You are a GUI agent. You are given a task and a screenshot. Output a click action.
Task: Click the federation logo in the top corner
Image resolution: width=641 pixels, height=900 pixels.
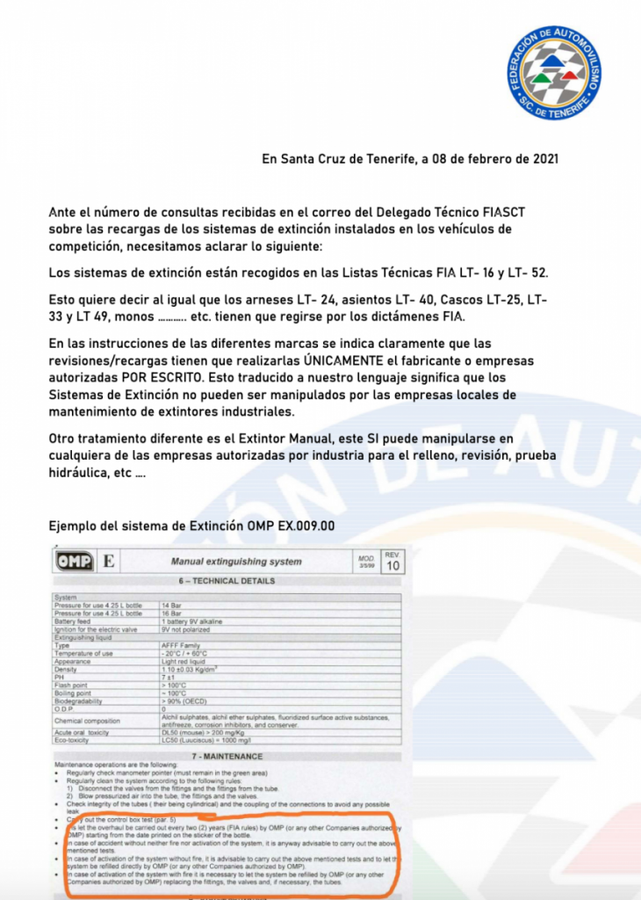point(555,74)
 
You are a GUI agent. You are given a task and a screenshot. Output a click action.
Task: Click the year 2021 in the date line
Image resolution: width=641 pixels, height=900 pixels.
point(539,159)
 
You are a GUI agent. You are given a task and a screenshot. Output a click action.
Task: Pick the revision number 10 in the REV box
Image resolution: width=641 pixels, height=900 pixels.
point(393,567)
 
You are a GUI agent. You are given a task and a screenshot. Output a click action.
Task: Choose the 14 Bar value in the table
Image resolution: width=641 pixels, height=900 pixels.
point(172,606)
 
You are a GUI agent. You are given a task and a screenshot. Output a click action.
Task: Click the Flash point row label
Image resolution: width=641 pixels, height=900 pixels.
point(72,685)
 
